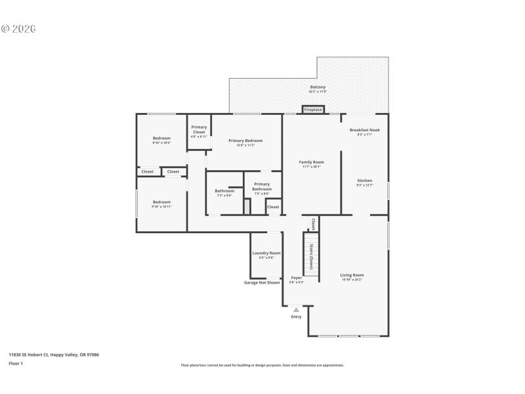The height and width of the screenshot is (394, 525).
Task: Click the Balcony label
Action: click(318, 87)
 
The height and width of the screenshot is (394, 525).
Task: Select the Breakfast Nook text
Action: click(364, 130)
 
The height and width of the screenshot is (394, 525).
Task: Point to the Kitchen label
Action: click(364, 181)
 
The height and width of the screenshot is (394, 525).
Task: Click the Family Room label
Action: click(311, 162)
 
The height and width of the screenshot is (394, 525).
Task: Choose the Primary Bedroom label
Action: click(245, 141)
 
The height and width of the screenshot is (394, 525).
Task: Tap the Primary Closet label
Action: click(199, 129)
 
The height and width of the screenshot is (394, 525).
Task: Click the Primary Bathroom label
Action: click(261, 186)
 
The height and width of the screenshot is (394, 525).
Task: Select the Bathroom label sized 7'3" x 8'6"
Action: click(224, 191)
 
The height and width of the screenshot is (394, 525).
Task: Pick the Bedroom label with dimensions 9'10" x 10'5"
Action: click(161, 138)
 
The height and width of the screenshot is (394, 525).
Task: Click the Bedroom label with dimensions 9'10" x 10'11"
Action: click(161, 202)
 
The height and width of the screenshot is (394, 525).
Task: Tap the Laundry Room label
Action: click(266, 253)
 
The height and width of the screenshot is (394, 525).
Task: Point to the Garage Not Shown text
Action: click(262, 282)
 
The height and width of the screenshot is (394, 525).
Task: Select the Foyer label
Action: click(297, 278)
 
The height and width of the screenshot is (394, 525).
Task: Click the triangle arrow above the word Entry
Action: click(296, 309)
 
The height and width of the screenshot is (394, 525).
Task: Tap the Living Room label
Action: click(352, 275)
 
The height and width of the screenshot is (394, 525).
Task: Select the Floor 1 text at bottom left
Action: click(16, 363)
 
